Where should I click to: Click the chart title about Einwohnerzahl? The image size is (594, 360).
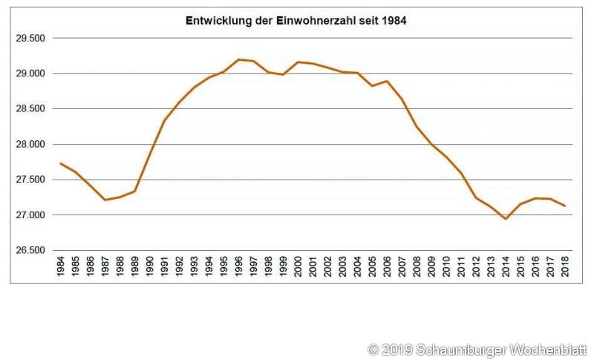tap(296, 22)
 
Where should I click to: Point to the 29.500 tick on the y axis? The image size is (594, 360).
tap(30, 39)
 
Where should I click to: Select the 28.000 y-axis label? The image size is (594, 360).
tap(30, 145)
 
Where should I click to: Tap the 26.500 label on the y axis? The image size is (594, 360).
tap(30, 251)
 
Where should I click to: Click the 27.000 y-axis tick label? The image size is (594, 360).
tap(30, 215)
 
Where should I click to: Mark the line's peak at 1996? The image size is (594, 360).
tap(239, 59)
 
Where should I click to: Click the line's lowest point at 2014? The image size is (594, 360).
tap(506, 219)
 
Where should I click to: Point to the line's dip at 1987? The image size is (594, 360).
tap(105, 200)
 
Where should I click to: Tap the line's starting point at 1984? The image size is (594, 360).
tap(61, 163)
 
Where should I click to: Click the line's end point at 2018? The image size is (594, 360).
tap(566, 206)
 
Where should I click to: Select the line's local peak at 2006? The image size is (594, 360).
tap(388, 81)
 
